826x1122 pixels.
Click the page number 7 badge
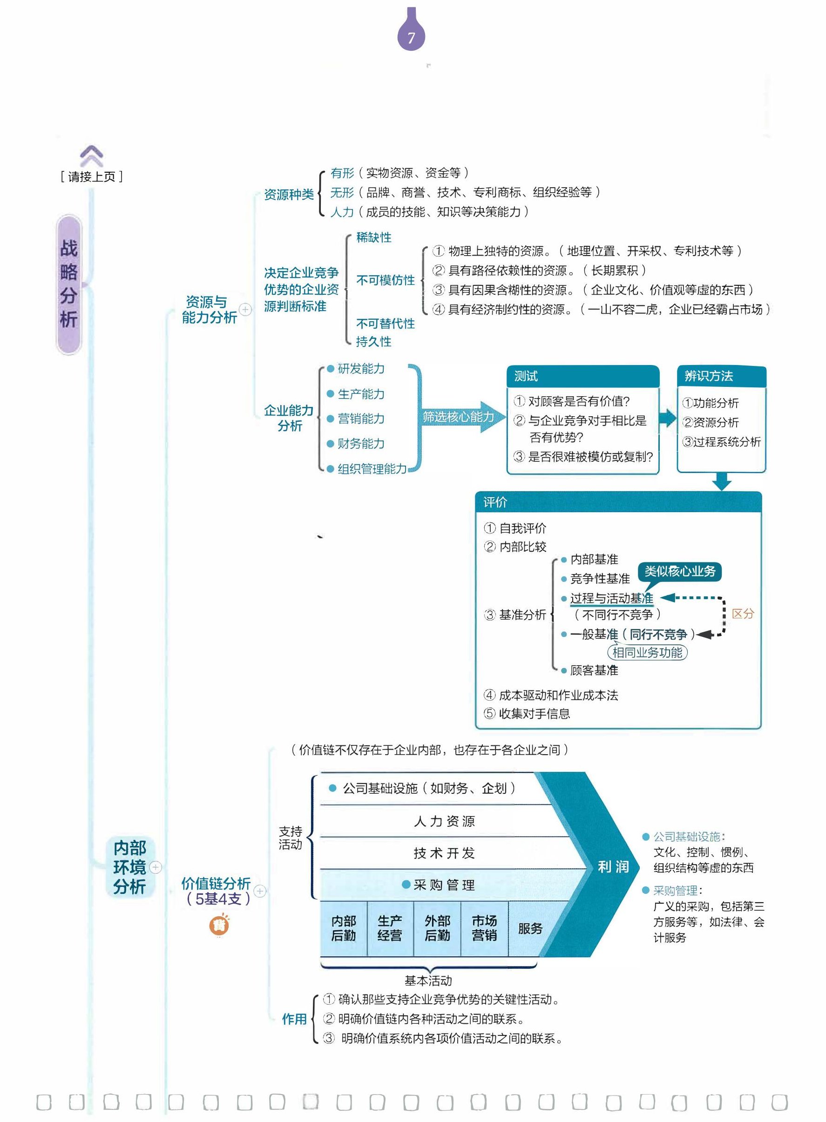[411, 36]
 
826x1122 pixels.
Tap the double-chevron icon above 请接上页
[92, 156]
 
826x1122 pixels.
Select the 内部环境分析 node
[129, 867]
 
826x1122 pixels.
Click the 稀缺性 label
[373, 237]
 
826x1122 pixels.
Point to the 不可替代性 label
[385, 324]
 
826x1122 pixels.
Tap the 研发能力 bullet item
[360, 369]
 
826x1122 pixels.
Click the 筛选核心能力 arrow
[459, 417]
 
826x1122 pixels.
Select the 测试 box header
[582, 376]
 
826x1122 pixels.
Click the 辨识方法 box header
[720, 376]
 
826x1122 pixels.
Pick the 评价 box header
[617, 502]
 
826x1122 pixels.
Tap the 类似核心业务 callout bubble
[679, 571]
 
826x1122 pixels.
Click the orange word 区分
[743, 614]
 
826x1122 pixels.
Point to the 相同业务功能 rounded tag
[647, 653]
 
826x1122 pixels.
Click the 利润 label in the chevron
[613, 866]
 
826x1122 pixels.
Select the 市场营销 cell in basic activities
[484, 928]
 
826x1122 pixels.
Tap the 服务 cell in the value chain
[530, 928]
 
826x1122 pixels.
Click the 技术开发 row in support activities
[444, 853]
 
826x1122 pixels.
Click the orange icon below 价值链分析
[219, 926]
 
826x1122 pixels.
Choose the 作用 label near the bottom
[294, 1019]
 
